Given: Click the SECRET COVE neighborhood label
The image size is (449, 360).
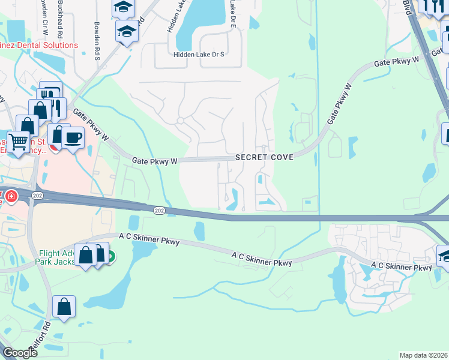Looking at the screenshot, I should (x=264, y=157).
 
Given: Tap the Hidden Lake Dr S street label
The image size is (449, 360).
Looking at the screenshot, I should (x=198, y=55).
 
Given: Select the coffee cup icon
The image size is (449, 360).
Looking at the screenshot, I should (x=73, y=137).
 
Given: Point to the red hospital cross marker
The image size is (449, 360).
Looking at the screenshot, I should (x=10, y=196).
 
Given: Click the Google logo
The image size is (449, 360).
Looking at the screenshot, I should (x=20, y=353).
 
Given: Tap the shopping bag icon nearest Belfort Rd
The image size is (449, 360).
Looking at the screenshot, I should (x=64, y=307).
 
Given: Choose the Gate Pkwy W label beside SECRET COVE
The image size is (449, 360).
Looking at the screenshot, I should (x=155, y=161).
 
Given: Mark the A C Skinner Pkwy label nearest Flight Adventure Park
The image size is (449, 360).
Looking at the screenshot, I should (x=149, y=241).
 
